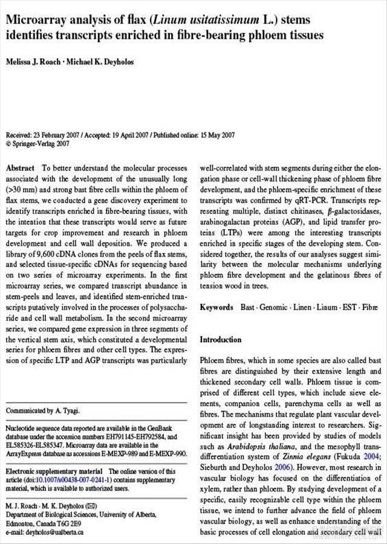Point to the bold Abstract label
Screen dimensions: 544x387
(x=21, y=167)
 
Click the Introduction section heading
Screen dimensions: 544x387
(x=220, y=340)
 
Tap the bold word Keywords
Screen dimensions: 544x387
(x=216, y=308)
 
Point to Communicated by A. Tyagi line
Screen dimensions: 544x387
(x=42, y=411)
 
